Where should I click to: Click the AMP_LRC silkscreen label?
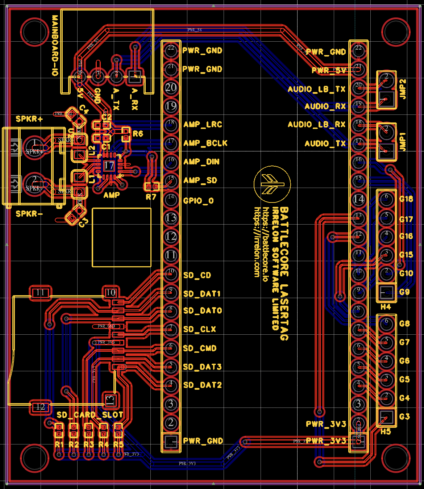[203, 125]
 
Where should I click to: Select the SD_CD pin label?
[197, 275]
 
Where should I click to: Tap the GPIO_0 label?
[198, 201]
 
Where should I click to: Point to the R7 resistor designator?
[151, 197]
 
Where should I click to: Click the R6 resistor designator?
[138, 134]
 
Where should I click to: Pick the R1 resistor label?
[59, 444]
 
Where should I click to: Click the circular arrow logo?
[272, 184]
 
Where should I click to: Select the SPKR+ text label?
[29, 119]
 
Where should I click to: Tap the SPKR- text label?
[29, 214]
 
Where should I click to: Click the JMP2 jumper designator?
[403, 89]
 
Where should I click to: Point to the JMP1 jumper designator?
[403, 142]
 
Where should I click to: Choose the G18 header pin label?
[406, 199]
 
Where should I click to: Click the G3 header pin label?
[404, 417]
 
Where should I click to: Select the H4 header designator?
[386, 307]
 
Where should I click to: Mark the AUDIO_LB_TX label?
[316, 89]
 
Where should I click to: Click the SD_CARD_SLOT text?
[90, 415]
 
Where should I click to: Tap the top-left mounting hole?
[35, 32]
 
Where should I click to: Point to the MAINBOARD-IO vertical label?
[55, 45]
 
